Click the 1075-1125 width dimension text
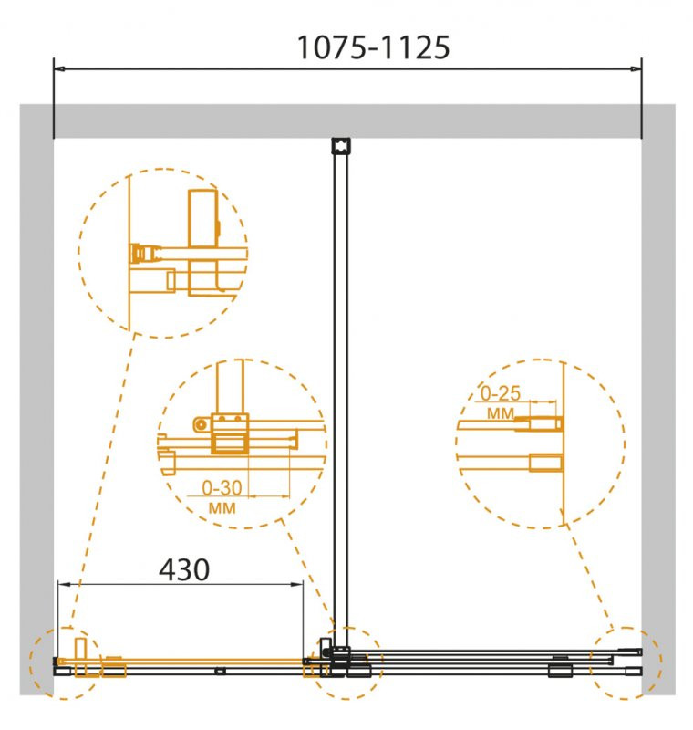(373, 47)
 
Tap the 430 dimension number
(184, 569)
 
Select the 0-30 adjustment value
(222, 488)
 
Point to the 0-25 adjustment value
(500, 393)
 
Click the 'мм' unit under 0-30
(222, 508)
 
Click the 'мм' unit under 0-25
(501, 413)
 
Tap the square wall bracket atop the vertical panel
(341, 146)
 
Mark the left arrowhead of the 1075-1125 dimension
(59, 69)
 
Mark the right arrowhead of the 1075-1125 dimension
(636, 69)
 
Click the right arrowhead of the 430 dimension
(297, 584)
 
